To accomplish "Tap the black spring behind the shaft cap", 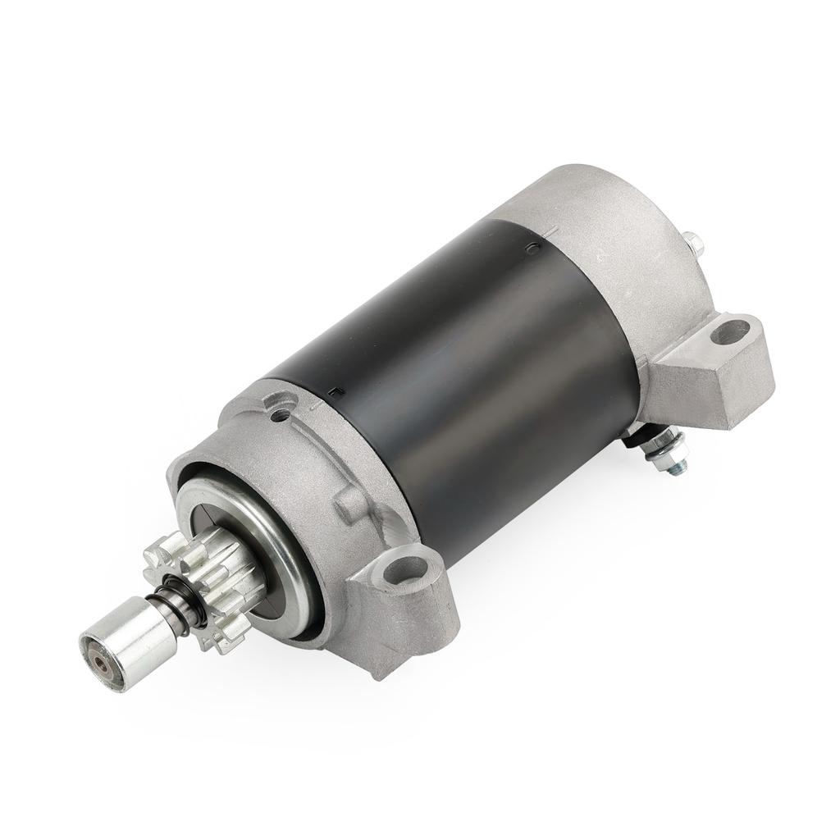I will pos(182,605).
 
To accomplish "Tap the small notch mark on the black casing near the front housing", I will pos(331,395).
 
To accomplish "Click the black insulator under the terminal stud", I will pos(634,441).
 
